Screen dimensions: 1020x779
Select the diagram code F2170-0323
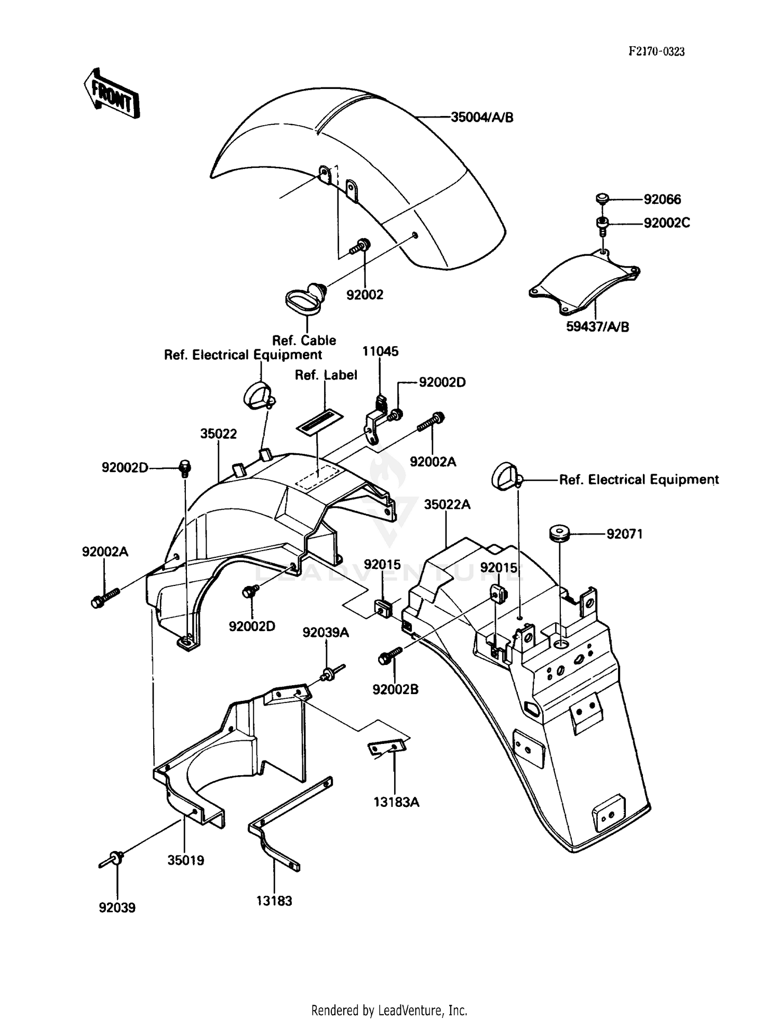tap(656, 51)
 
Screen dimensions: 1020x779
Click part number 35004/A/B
tap(481, 117)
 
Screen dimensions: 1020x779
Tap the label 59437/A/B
tap(597, 327)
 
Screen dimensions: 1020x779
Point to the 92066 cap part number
tap(662, 199)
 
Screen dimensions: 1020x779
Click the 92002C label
tap(667, 223)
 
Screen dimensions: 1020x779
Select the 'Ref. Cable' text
tap(304, 341)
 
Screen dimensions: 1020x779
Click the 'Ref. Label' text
tap(326, 375)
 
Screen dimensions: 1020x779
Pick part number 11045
tap(380, 351)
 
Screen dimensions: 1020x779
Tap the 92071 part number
tap(624, 534)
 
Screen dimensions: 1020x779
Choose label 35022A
tap(447, 504)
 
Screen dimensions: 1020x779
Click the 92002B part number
tap(395, 689)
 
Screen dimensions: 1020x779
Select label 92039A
tap(326, 632)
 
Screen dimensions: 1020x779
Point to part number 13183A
tap(396, 802)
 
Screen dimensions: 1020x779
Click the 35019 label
tap(185, 860)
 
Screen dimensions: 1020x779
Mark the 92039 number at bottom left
tap(117, 908)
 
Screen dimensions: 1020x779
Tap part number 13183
tap(274, 901)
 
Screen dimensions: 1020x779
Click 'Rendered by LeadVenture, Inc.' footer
tap(389, 1010)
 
